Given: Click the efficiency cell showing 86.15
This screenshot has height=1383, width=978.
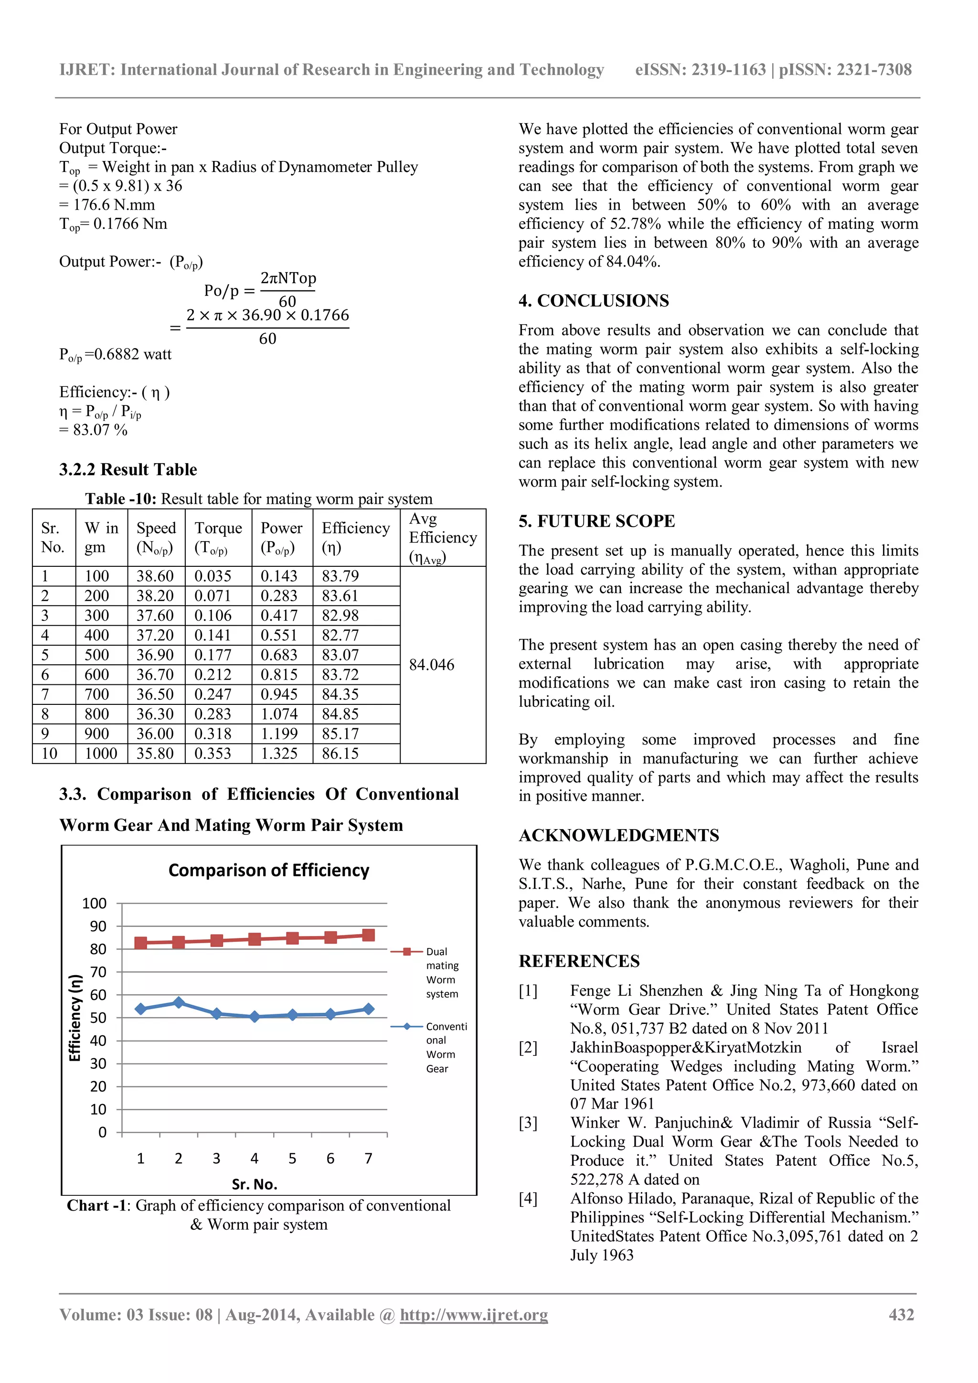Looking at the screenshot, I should [x=340, y=754].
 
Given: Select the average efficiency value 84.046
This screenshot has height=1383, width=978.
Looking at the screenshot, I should [x=431, y=665].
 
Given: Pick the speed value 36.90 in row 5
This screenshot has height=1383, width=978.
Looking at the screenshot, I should [x=155, y=655].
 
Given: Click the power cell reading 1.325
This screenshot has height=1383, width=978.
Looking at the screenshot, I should [x=279, y=754].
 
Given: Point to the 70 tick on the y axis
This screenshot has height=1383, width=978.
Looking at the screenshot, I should [x=98, y=972].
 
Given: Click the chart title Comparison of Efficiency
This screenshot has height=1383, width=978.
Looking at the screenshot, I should [x=268, y=871].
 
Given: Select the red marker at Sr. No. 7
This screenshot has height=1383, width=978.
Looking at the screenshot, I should [x=369, y=935].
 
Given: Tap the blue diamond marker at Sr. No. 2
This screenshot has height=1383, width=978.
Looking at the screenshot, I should [x=178, y=1002].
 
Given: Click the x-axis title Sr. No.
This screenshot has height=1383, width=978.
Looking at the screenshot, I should [x=254, y=1184].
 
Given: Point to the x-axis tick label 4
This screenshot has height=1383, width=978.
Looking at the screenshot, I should [x=254, y=1159].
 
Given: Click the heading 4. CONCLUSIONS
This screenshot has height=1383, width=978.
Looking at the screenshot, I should [x=593, y=300].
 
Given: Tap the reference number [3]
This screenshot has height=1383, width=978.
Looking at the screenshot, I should [x=528, y=1123].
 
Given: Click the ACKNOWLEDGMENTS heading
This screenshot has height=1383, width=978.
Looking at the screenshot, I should [x=618, y=835].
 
